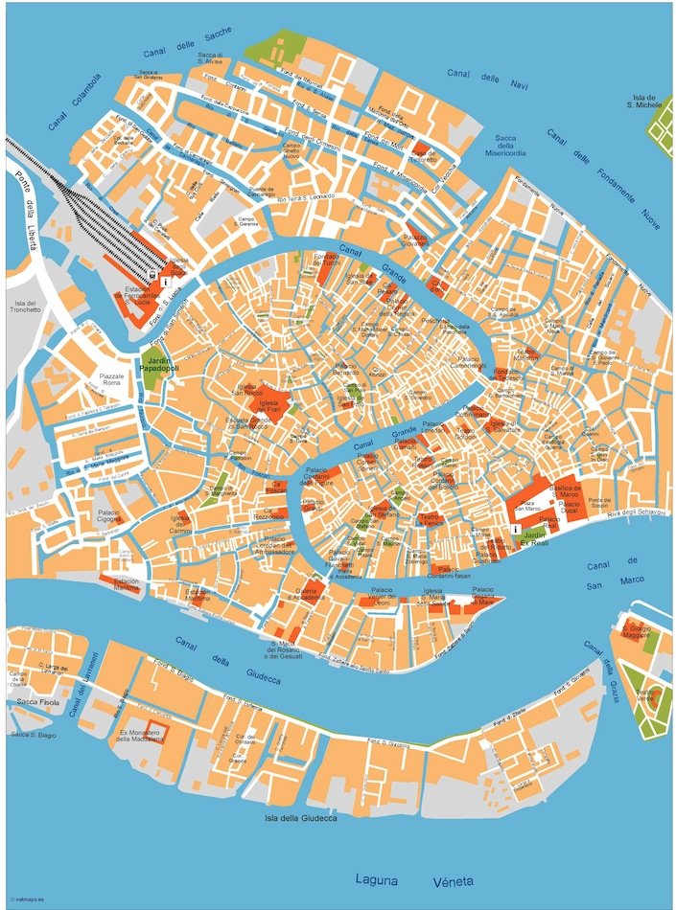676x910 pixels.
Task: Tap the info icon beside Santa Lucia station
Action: pos(167,284)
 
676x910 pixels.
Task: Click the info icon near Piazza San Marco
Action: pos(517,529)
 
